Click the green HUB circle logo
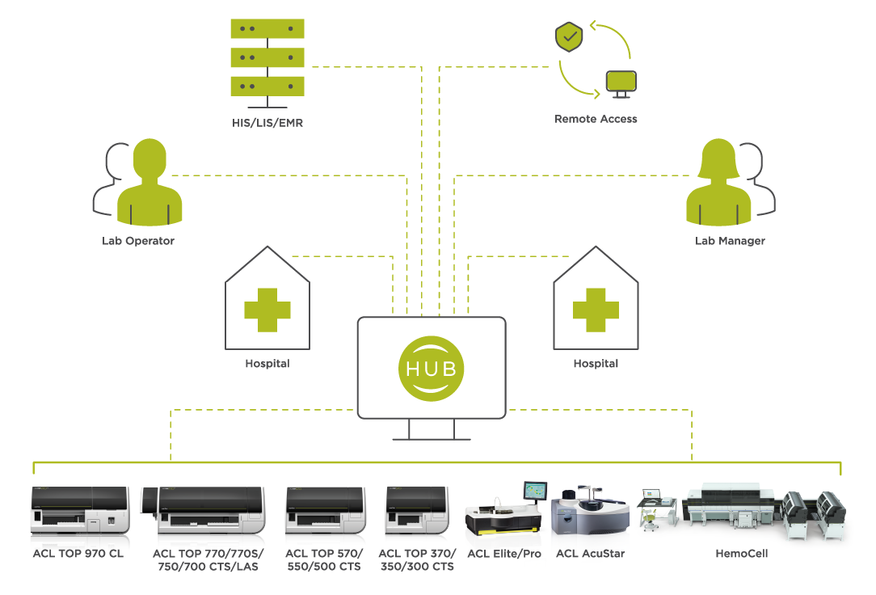(432, 368)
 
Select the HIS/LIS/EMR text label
(267, 123)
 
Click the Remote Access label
(596, 119)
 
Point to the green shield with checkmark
(569, 37)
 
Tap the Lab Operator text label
(138, 241)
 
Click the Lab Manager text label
(730, 241)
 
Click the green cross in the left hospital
(267, 309)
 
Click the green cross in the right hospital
(596, 309)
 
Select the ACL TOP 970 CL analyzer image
(79, 511)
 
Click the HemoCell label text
(741, 554)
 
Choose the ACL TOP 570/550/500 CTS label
(324, 559)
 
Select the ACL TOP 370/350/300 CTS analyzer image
(417, 511)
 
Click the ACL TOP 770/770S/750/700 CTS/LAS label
(208, 559)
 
